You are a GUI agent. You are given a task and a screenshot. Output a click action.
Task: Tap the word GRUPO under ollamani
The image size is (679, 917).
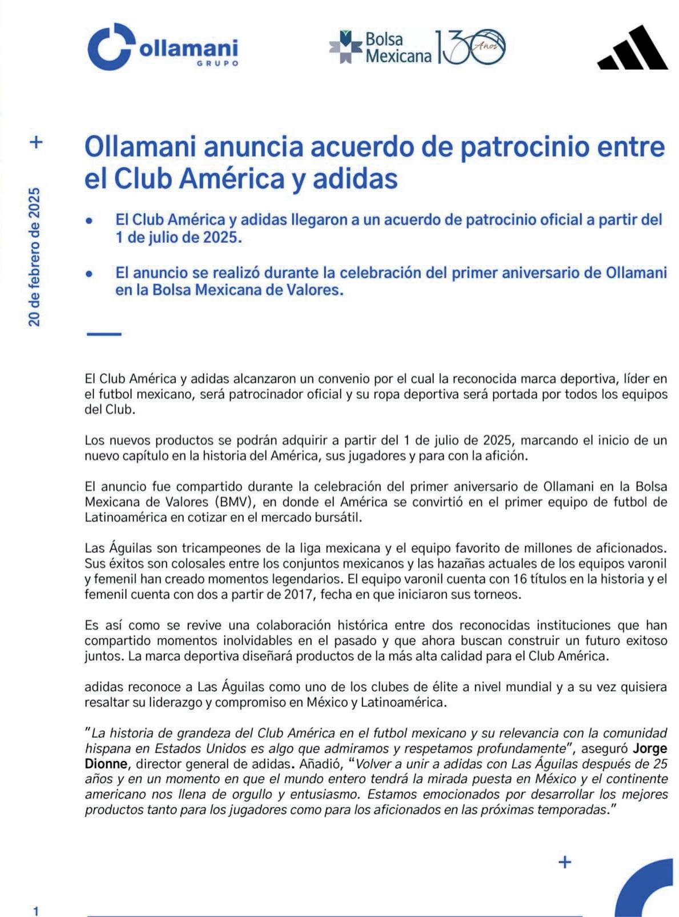click(x=218, y=63)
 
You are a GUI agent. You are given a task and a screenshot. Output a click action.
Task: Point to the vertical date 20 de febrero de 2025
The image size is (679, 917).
click(x=35, y=257)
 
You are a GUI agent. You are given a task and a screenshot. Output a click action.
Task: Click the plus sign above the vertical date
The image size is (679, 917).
click(x=36, y=142)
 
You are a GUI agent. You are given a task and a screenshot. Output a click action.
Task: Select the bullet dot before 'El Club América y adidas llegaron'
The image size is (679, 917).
click(x=89, y=220)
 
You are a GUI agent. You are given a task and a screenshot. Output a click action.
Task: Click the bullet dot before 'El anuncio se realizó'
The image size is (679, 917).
click(x=89, y=273)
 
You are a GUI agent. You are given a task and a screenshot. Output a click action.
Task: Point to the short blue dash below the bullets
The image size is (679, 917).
click(x=103, y=334)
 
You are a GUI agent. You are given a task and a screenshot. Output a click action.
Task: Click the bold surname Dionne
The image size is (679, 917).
click(x=106, y=764)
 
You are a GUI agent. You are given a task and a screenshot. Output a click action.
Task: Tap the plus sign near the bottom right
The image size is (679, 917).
click(x=564, y=862)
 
